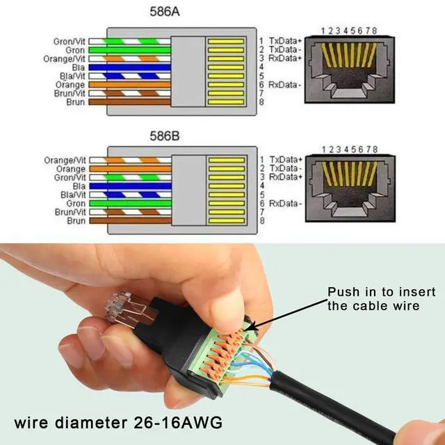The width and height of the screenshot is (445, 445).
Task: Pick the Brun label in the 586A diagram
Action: coord(76,102)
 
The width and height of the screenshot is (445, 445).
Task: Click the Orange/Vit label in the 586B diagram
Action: coord(67,161)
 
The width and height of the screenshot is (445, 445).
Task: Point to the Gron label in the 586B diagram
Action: coord(76,203)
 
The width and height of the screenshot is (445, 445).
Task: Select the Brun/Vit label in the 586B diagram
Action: coord(70,211)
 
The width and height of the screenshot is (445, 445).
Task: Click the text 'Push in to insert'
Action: coord(373,292)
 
